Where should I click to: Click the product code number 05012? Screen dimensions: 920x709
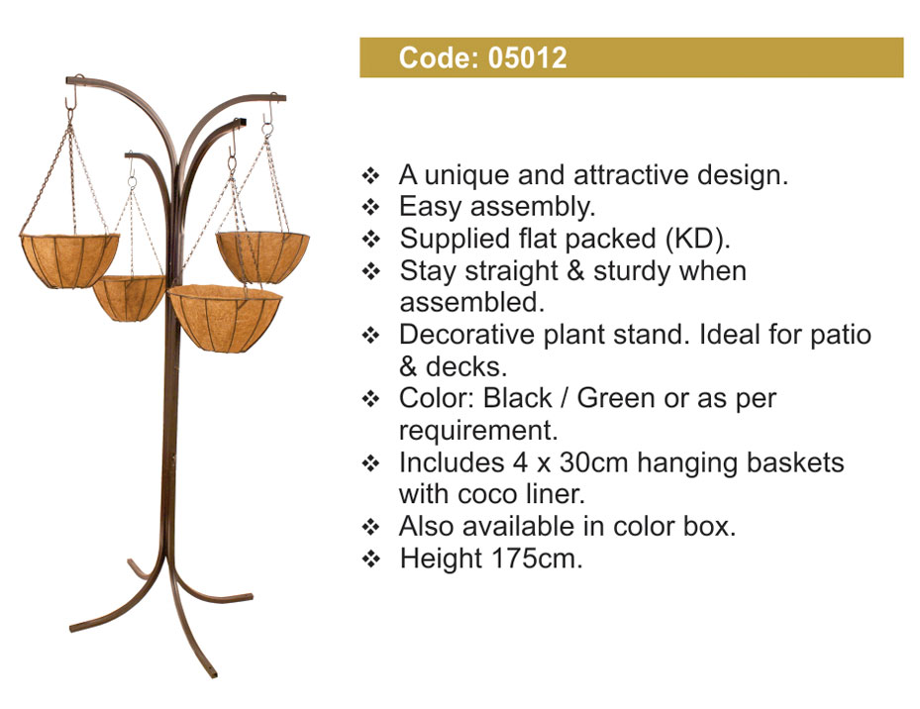coord(528,58)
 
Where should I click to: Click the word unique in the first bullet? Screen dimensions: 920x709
coord(465,176)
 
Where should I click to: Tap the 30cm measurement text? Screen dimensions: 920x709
coord(593,463)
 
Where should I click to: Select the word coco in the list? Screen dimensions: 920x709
coord(483,495)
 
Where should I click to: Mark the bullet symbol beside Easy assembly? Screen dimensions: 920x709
coord(370,208)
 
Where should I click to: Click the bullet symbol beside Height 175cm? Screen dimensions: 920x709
coord(370,559)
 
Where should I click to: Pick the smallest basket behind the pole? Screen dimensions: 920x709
coord(129,298)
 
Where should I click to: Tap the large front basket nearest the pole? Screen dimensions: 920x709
coord(225,319)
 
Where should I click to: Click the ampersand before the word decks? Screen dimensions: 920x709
coord(408,367)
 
